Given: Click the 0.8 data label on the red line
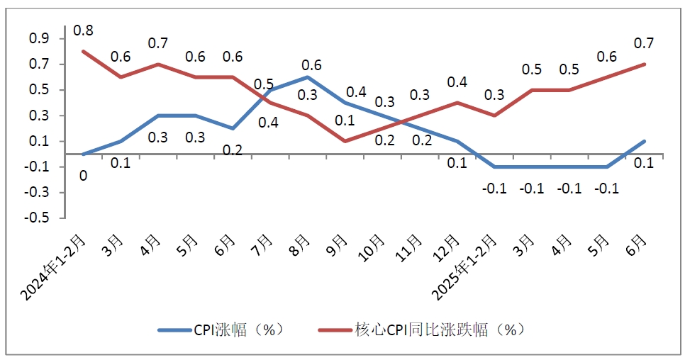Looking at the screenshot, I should tap(83, 30).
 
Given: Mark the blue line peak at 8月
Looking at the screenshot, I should tap(308, 77).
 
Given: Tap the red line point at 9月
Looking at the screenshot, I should tap(345, 141).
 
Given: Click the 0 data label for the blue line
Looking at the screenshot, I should tap(83, 174).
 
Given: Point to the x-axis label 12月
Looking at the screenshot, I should tap(455, 249).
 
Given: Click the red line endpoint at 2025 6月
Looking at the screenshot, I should tap(645, 64).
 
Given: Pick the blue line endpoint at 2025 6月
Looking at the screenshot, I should tap(645, 141).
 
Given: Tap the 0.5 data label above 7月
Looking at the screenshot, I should tap(264, 84).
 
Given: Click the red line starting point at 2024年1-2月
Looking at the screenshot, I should tap(83, 51).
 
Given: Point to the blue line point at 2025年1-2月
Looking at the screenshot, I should tap(495, 167).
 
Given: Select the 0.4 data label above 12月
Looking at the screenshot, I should tap(457, 83).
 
